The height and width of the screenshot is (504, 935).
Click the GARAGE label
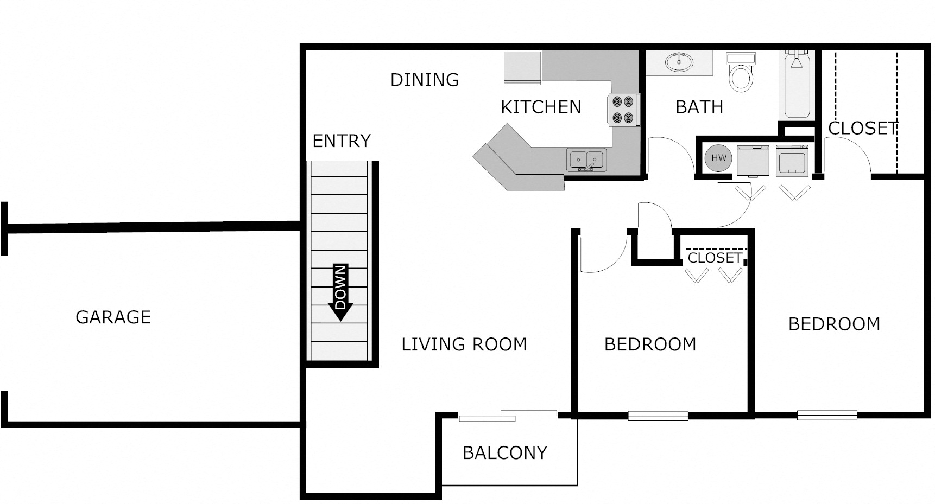click(x=113, y=317)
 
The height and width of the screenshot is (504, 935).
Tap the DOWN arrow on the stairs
click(x=340, y=292)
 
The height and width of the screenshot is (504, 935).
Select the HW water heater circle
click(x=718, y=158)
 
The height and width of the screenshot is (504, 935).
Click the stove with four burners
click(x=623, y=110)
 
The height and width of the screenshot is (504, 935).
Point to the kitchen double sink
click(x=586, y=160)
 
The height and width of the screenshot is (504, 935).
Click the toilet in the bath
click(x=741, y=72)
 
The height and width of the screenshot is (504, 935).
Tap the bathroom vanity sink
click(x=679, y=62)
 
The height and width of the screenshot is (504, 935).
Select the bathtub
click(x=797, y=85)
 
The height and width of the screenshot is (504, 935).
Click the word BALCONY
click(x=505, y=453)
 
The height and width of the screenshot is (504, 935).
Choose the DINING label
click(x=425, y=80)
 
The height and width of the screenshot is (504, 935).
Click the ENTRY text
click(x=342, y=141)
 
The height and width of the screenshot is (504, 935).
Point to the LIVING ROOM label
click(x=464, y=344)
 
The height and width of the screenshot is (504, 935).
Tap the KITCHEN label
click(x=541, y=107)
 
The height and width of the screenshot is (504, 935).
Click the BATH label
click(x=699, y=107)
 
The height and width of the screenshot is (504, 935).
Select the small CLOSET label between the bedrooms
click(x=715, y=258)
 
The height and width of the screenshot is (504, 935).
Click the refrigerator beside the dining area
click(x=522, y=68)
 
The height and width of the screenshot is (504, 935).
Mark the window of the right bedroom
click(x=827, y=416)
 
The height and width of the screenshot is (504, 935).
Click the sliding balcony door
click(x=508, y=416)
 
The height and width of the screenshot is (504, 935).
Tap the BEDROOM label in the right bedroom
click(x=834, y=324)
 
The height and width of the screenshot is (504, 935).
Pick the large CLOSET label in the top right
click(x=862, y=128)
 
